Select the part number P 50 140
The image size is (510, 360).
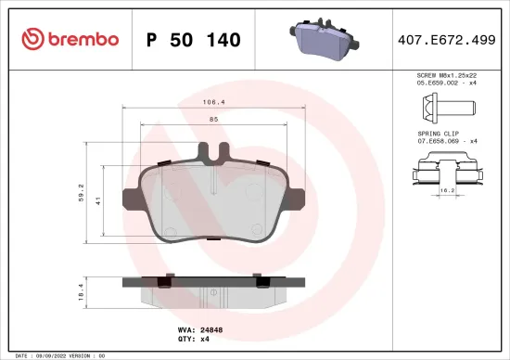click(x=194, y=40)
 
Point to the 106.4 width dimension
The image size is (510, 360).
click(x=213, y=104)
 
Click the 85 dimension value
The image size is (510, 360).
click(x=213, y=119)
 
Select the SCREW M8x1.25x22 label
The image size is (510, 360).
click(x=447, y=74)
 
